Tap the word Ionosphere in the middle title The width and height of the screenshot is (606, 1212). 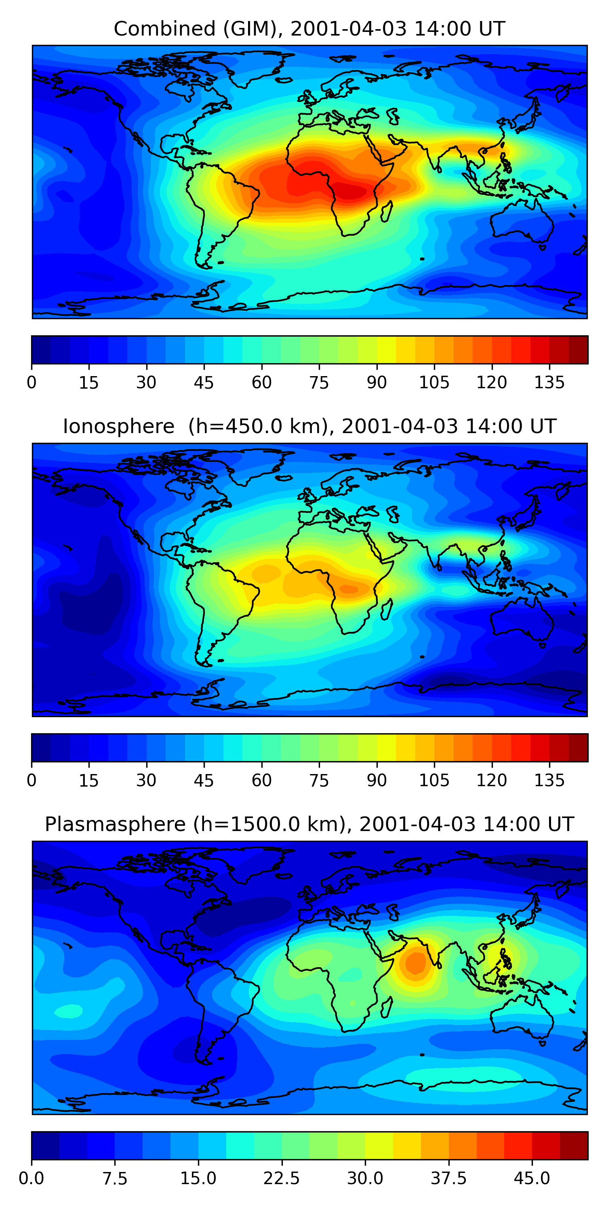point(118,426)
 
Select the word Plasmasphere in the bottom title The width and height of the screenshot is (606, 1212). point(115,824)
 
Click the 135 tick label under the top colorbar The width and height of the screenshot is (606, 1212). point(549,383)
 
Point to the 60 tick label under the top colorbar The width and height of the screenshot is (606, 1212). point(262,383)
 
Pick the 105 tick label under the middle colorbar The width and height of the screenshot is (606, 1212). point(434,780)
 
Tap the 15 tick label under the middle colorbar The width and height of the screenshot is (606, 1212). point(88,780)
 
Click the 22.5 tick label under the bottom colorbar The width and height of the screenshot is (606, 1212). point(281,1178)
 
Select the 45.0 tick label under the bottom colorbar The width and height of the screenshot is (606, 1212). point(532,1178)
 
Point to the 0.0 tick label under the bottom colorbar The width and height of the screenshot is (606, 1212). point(32,1178)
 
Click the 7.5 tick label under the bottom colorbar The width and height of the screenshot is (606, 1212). point(115,1178)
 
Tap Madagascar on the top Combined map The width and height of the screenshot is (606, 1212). point(387,211)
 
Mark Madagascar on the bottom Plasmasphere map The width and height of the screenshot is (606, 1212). point(387,1007)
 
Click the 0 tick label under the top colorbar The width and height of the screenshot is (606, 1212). point(32,383)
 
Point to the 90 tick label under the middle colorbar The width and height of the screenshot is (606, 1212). point(377,780)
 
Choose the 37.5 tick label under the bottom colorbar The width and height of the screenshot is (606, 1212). point(448,1178)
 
